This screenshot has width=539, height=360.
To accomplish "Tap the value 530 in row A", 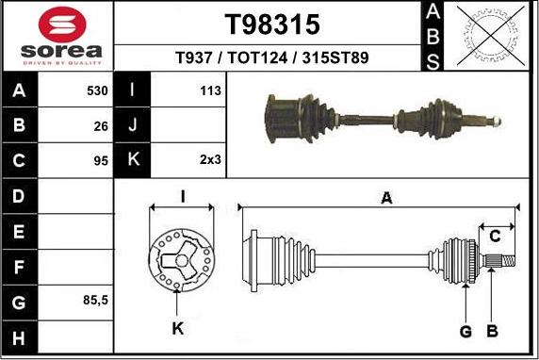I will tap(97, 91).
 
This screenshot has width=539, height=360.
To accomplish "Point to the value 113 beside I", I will tap(210, 91).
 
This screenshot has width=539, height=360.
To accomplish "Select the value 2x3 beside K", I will tap(210, 159).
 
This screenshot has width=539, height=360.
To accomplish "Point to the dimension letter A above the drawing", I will tap(385, 197).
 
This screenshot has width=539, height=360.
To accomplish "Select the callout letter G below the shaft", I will tap(465, 330).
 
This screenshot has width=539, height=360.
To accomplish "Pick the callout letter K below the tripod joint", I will tap(179, 329).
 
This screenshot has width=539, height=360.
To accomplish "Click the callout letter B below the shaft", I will tap(491, 330).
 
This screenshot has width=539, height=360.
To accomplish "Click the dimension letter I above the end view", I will tap(183, 196).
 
